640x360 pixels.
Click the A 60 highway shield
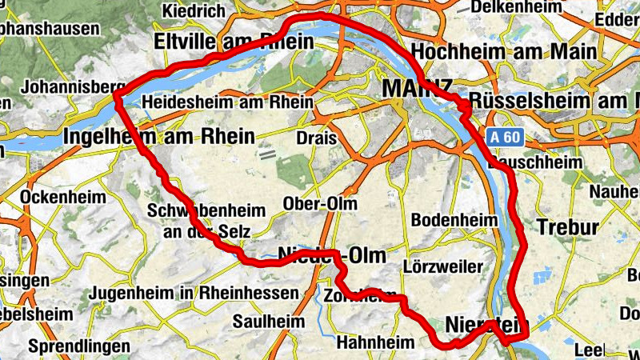pos(506,137)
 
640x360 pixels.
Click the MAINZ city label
pos(418,87)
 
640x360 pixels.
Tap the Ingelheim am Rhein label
pos(158,135)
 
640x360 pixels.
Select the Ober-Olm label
pos(320,204)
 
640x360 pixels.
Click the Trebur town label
pos(567,227)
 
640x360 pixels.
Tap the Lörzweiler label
pos(443,266)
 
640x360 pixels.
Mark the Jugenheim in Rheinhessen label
pos(194,294)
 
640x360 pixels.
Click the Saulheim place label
pos(269,321)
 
